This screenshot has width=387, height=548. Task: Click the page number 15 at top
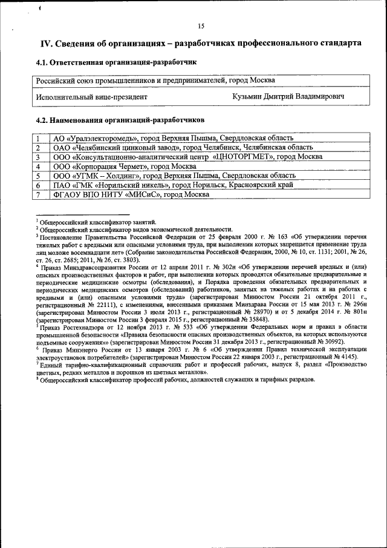pos(200,25)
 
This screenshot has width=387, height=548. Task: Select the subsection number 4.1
pos(42,62)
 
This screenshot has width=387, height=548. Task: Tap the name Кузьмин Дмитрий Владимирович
pos(288,96)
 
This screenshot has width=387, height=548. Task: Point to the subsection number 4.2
pos(42,120)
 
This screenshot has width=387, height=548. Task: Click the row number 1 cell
pos(38,138)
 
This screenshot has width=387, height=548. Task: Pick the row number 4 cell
pos(38,166)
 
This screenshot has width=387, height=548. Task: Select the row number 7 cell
pos(38,194)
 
